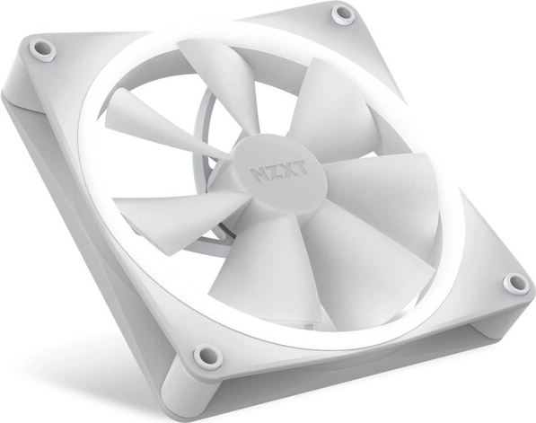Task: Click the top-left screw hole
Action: tap(42, 49)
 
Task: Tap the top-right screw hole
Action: tap(343, 13)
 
